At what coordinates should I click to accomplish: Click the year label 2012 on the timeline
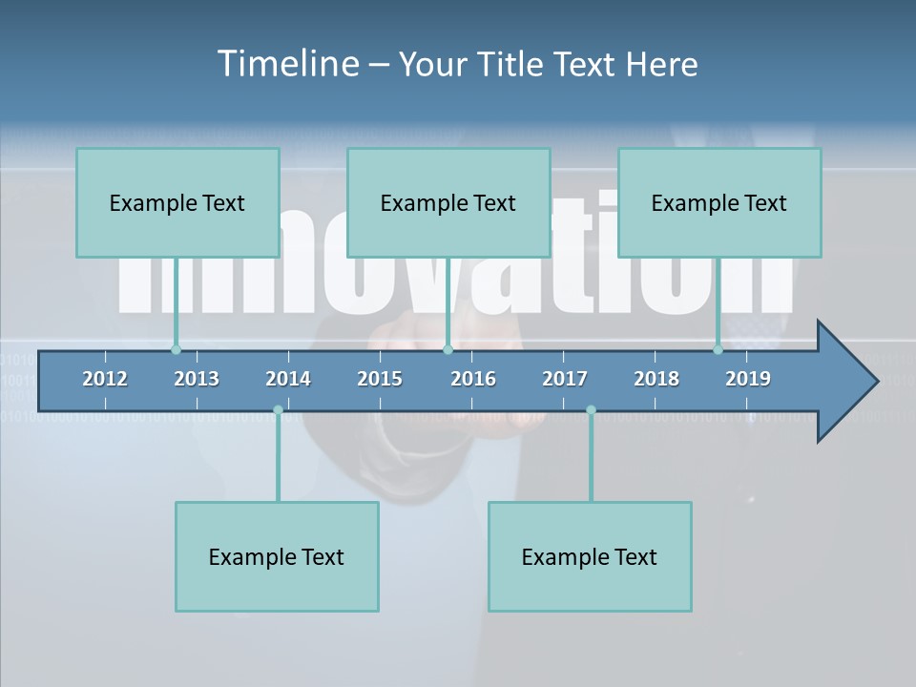pos(105,379)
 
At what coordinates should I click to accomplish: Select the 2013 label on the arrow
pos(197,379)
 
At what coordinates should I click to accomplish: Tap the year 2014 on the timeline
pos(288,379)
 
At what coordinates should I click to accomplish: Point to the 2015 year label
pos(380,379)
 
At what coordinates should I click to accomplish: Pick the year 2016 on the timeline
pos(473,379)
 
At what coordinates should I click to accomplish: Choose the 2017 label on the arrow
pos(565,379)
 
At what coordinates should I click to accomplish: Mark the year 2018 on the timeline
pos(656,379)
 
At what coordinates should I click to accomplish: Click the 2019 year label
pos(748,379)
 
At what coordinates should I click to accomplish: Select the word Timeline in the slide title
pos(286,64)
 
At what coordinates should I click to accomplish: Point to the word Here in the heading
pos(661,64)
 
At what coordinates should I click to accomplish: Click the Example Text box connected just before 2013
pos(177,202)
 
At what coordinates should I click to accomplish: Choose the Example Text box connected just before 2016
pos(448,202)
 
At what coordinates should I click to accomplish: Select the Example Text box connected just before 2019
pos(719,202)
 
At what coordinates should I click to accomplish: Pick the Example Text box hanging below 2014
pos(277,556)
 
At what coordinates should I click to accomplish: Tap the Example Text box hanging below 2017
pos(590,556)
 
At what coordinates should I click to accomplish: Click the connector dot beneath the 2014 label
pos(278,410)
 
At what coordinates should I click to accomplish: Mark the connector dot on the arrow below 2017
pos(591,410)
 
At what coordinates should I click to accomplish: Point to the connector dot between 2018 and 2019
pos(718,349)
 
